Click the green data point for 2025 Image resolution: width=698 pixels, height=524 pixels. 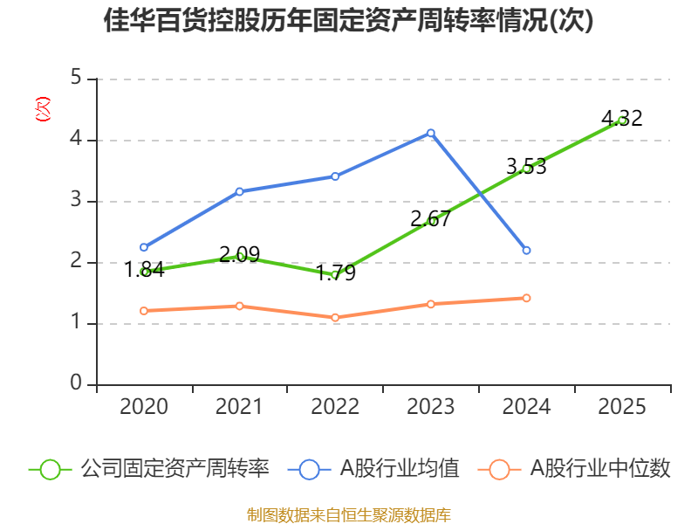622,120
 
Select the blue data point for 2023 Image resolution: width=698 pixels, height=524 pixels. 431,133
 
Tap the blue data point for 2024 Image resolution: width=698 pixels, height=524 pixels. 526,251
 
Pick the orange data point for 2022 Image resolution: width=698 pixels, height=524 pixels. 335,318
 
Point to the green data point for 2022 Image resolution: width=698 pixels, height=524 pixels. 335,274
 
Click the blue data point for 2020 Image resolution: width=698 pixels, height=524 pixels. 144,247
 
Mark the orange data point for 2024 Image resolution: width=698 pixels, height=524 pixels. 526,298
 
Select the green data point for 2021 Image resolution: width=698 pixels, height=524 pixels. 240,256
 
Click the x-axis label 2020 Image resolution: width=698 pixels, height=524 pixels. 144,407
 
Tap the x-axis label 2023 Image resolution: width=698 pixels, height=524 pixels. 431,407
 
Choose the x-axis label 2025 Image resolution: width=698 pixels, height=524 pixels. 622,407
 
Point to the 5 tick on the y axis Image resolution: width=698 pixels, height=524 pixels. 76,79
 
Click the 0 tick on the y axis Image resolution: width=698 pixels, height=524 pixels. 76,384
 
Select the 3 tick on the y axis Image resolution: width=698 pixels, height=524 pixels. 76,201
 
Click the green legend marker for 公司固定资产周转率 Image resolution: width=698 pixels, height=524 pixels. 50,469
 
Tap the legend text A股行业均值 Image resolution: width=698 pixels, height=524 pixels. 399,469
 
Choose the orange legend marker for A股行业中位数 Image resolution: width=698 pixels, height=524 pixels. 499,469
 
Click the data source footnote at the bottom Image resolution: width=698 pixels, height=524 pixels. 348,514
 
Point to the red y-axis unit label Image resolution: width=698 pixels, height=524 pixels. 41,110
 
